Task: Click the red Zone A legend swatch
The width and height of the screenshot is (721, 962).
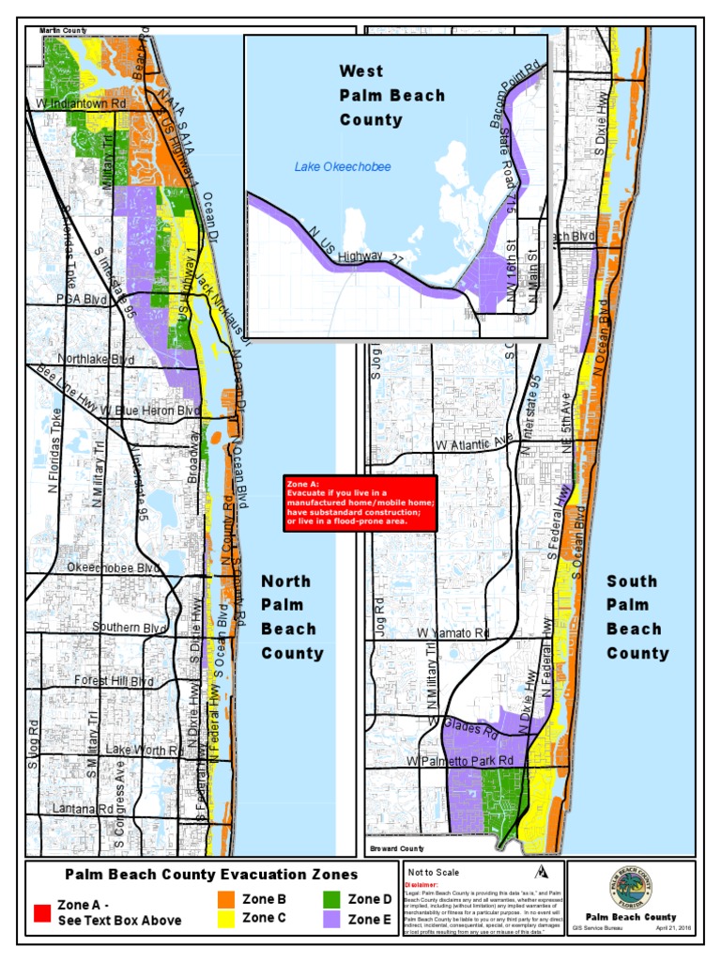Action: click(42, 912)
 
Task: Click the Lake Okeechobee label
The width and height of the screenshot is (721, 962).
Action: click(342, 167)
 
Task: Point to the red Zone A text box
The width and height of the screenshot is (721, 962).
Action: click(360, 503)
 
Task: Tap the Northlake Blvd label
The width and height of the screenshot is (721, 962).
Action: click(95, 360)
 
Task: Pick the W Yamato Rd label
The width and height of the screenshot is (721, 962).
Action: click(454, 633)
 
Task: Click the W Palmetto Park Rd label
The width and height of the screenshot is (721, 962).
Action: click(461, 760)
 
